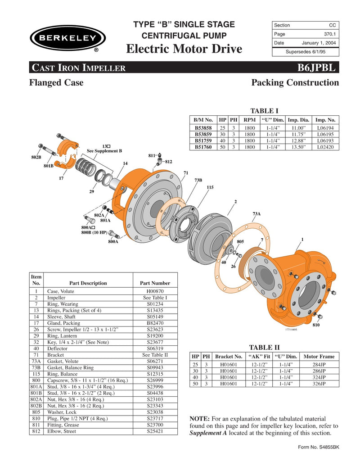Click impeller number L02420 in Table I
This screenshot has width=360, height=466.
(x=325, y=147)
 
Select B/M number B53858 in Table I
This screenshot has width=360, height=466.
(x=203, y=128)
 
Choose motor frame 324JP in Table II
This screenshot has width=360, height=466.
(x=321, y=377)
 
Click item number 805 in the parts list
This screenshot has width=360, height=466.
(x=36, y=412)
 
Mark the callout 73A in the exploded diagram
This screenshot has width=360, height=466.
(x=256, y=213)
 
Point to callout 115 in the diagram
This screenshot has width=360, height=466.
(x=210, y=187)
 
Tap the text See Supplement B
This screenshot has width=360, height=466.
(x=104, y=151)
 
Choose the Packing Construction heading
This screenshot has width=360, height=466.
(x=295, y=83)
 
